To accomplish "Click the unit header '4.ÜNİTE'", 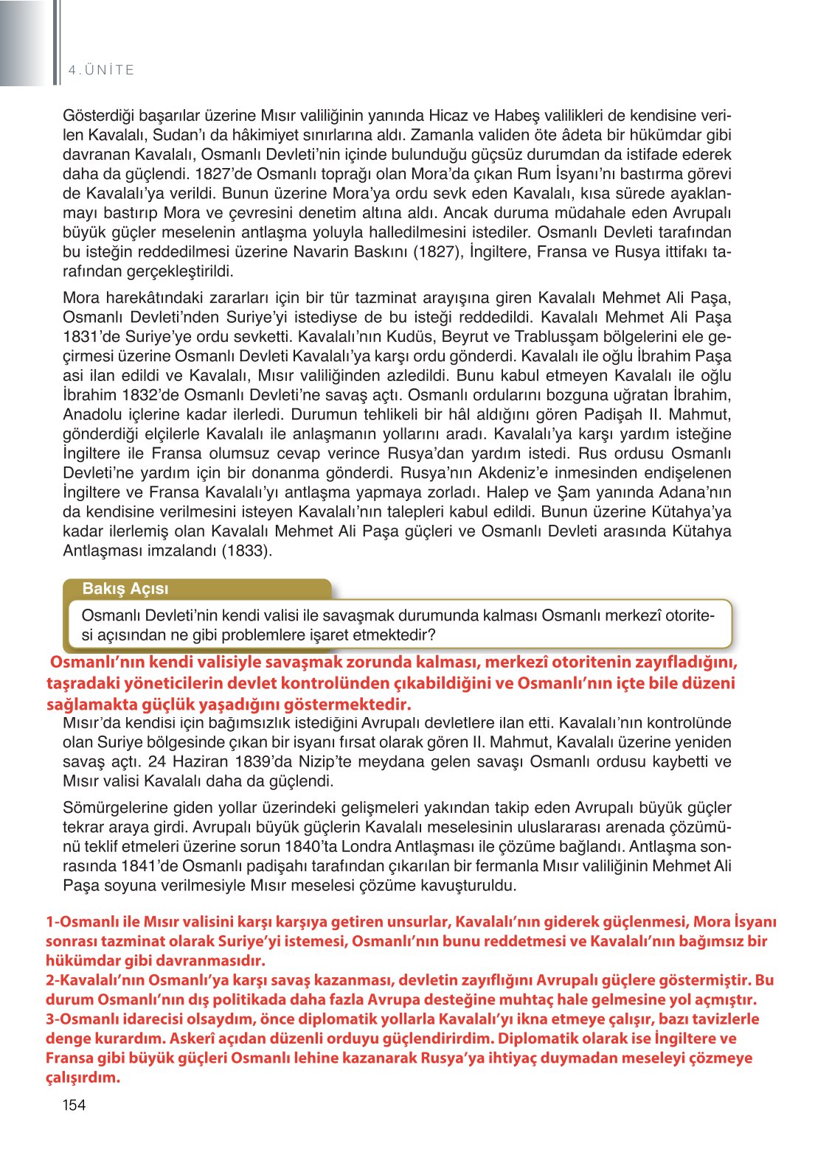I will tap(101, 70).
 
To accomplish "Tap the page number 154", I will tap(74, 1105).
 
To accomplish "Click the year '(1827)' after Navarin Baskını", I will tap(437, 252).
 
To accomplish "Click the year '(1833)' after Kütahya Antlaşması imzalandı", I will tap(247, 551).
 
